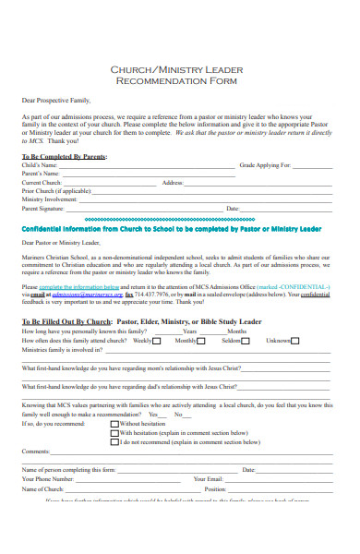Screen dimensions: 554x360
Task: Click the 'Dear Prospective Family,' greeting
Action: pos(52,98)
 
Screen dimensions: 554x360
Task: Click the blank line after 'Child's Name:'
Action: pos(138,166)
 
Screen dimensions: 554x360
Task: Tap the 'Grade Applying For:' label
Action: pos(265,165)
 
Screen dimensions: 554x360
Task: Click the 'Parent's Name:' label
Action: pos(42,174)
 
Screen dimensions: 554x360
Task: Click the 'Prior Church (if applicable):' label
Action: pos(57,191)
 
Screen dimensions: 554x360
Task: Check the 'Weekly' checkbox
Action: pos(159,341)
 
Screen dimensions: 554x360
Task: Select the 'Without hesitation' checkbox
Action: pos(114,423)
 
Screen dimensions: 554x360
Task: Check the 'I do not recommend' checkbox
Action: pos(114,440)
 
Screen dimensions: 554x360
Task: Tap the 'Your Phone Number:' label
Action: pos(47,479)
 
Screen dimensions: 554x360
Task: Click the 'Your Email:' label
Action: pos(209,479)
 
